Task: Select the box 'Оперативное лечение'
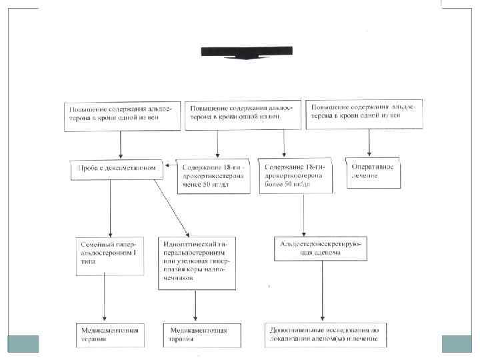point(373,171)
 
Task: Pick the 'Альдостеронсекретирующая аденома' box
point(321,249)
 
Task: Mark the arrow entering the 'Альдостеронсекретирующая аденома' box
point(304,214)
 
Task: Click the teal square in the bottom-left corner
point(23,343)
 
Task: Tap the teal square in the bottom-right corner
point(457,343)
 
